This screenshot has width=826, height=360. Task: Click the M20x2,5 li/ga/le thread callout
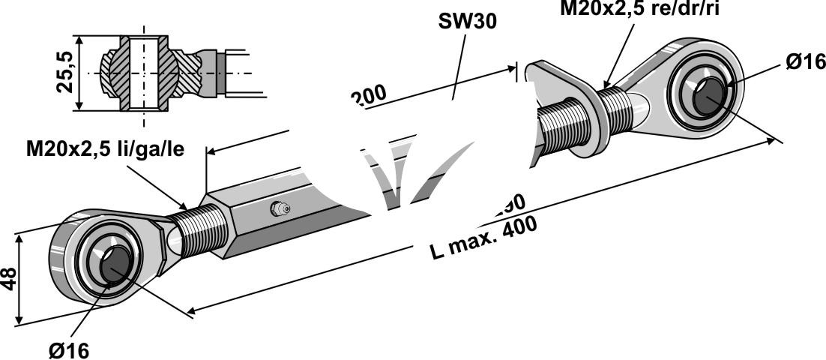[x=104, y=150]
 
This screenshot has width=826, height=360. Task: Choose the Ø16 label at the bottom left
[x=68, y=349]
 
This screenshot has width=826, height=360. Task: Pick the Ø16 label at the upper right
[x=804, y=62]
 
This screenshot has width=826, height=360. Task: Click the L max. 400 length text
[x=484, y=238]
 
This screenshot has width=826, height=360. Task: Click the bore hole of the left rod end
[x=115, y=265]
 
